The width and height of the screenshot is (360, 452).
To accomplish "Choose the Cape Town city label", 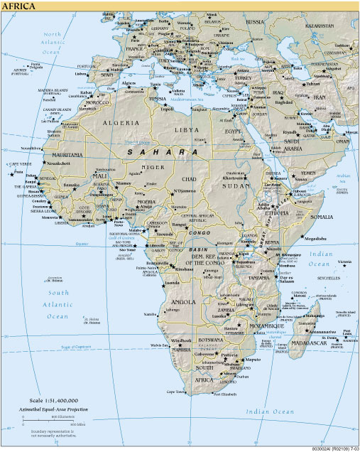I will pyautogui.click(x=177, y=392).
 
